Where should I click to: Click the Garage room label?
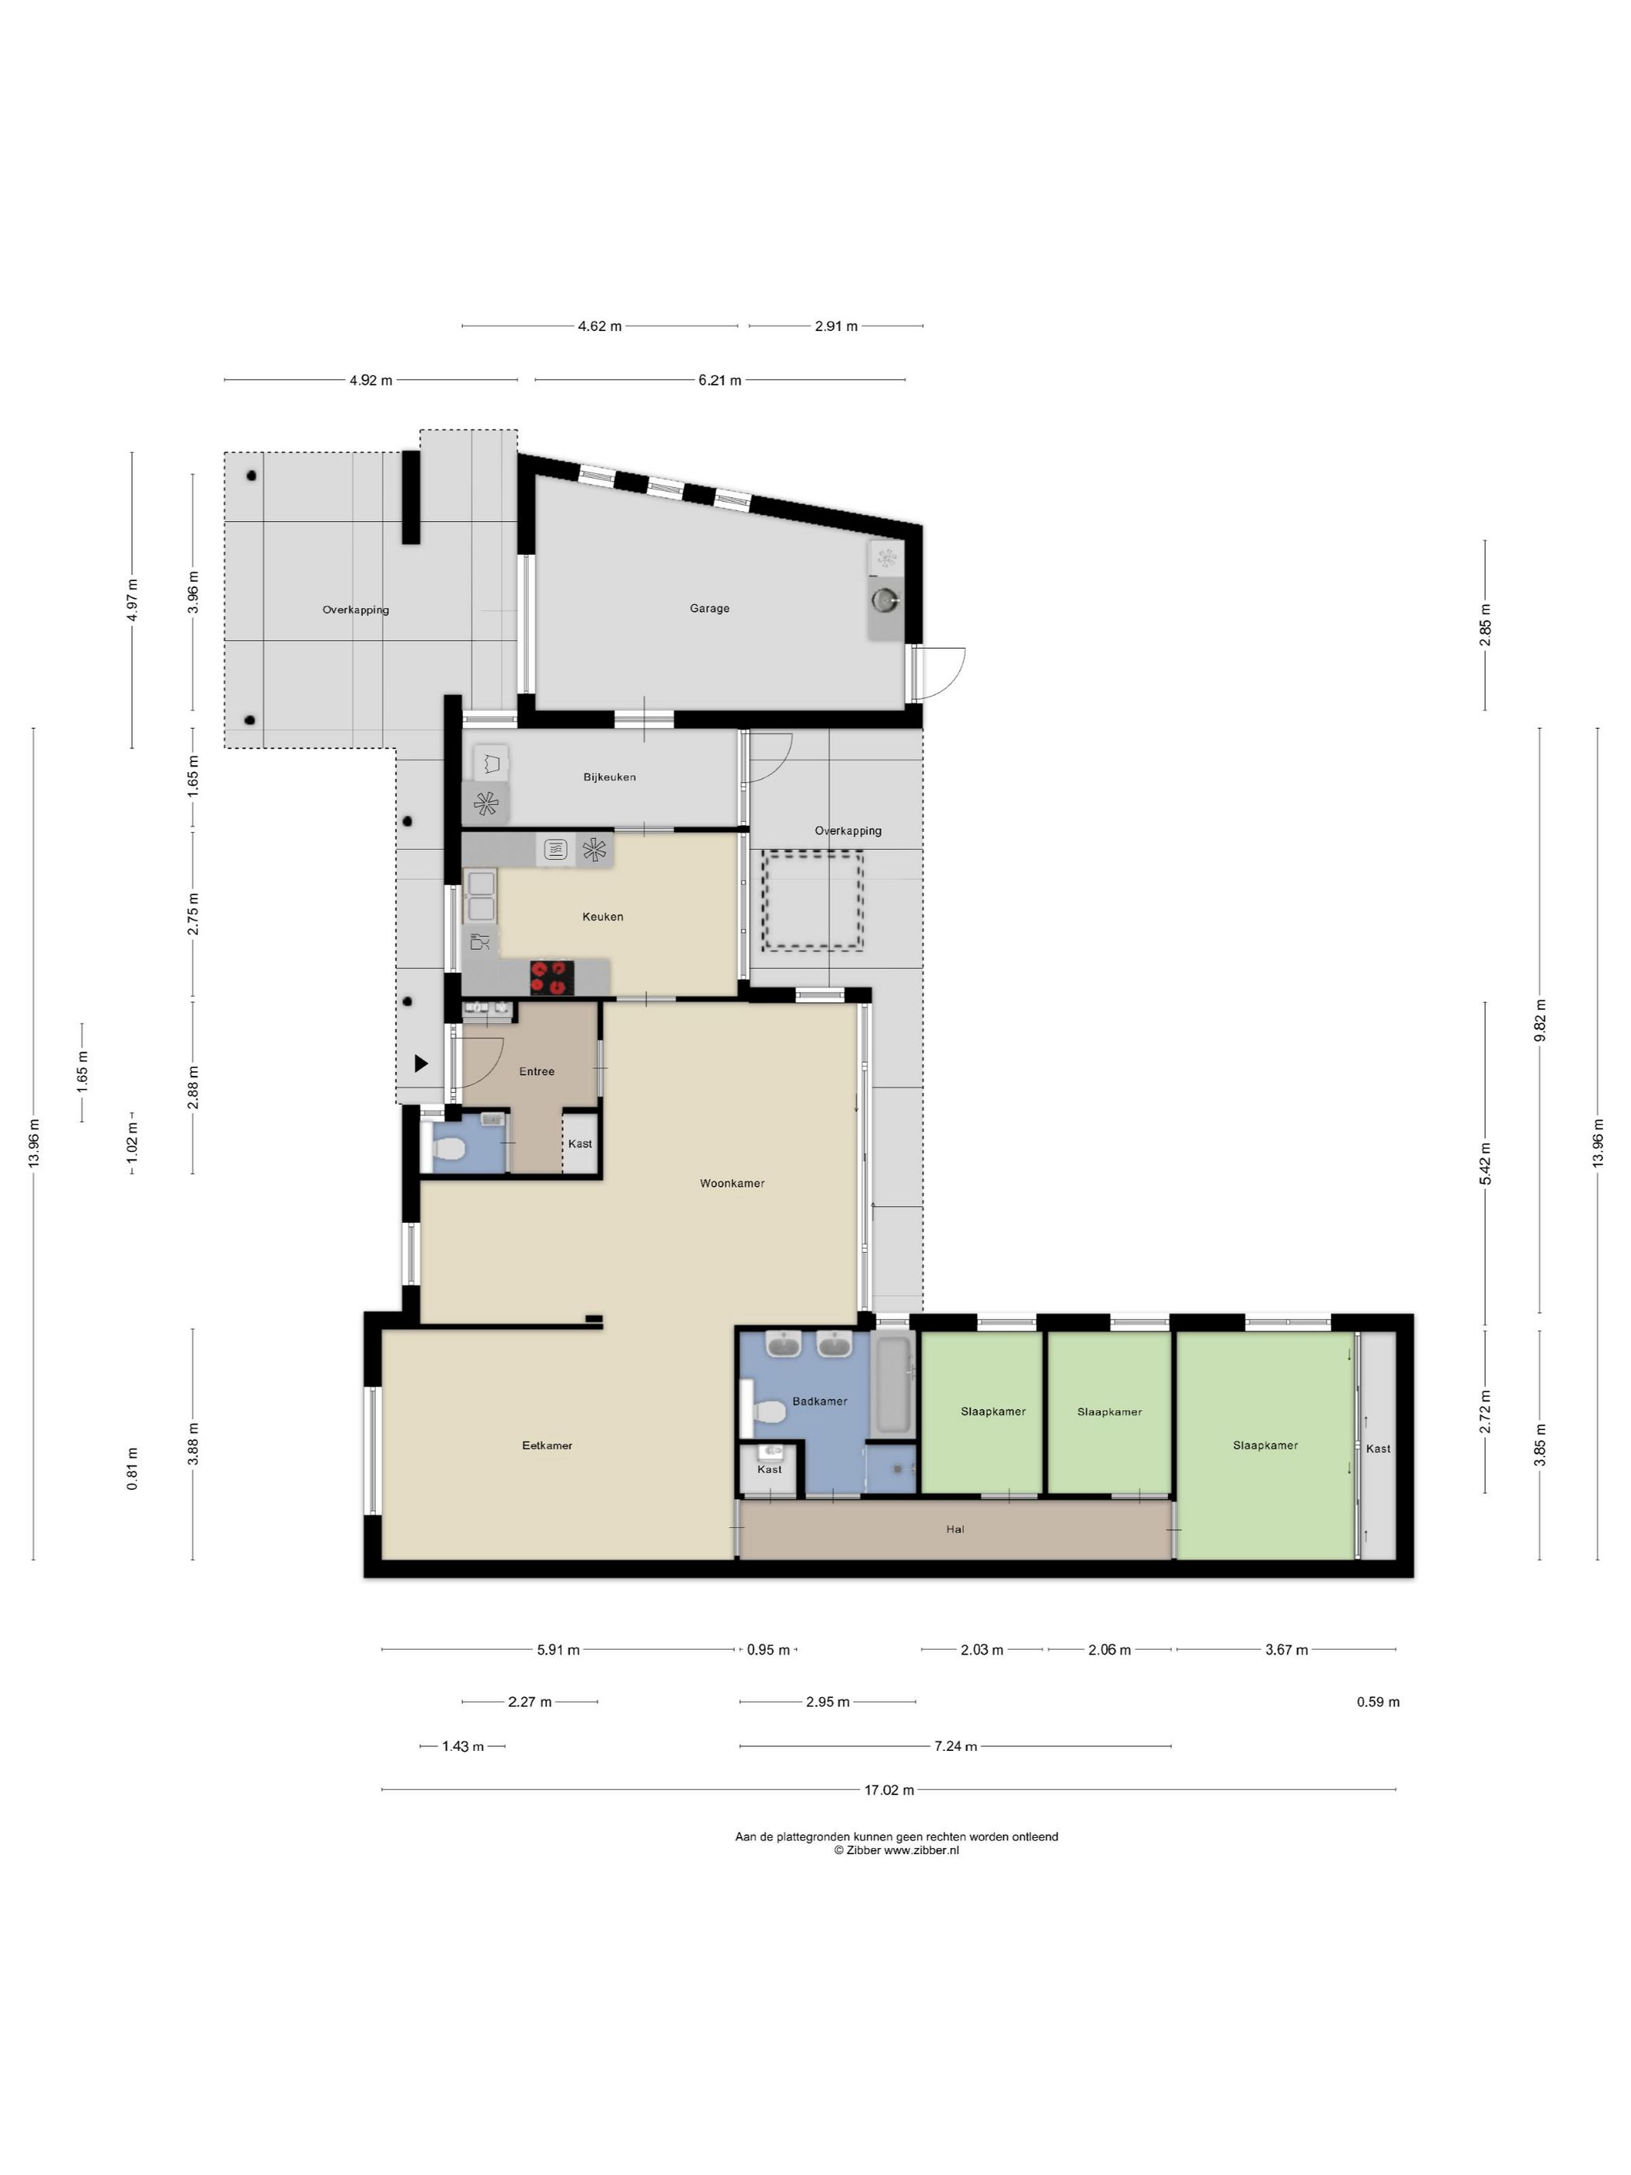click(x=709, y=609)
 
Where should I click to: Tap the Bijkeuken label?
click(x=610, y=777)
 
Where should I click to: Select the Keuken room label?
click(x=603, y=917)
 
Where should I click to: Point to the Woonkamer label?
click(x=732, y=1183)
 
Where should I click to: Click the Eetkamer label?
click(x=547, y=1446)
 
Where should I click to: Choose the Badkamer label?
click(x=820, y=1401)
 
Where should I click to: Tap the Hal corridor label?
click(x=955, y=1529)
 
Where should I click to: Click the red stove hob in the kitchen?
click(x=551, y=977)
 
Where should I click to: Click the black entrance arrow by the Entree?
click(x=421, y=1063)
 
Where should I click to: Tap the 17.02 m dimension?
click(x=889, y=1790)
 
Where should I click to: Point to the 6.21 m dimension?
click(x=720, y=380)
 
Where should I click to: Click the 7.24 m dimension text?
click(x=955, y=1746)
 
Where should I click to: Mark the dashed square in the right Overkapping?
click(x=814, y=900)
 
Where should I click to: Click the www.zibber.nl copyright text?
click(x=895, y=1850)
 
